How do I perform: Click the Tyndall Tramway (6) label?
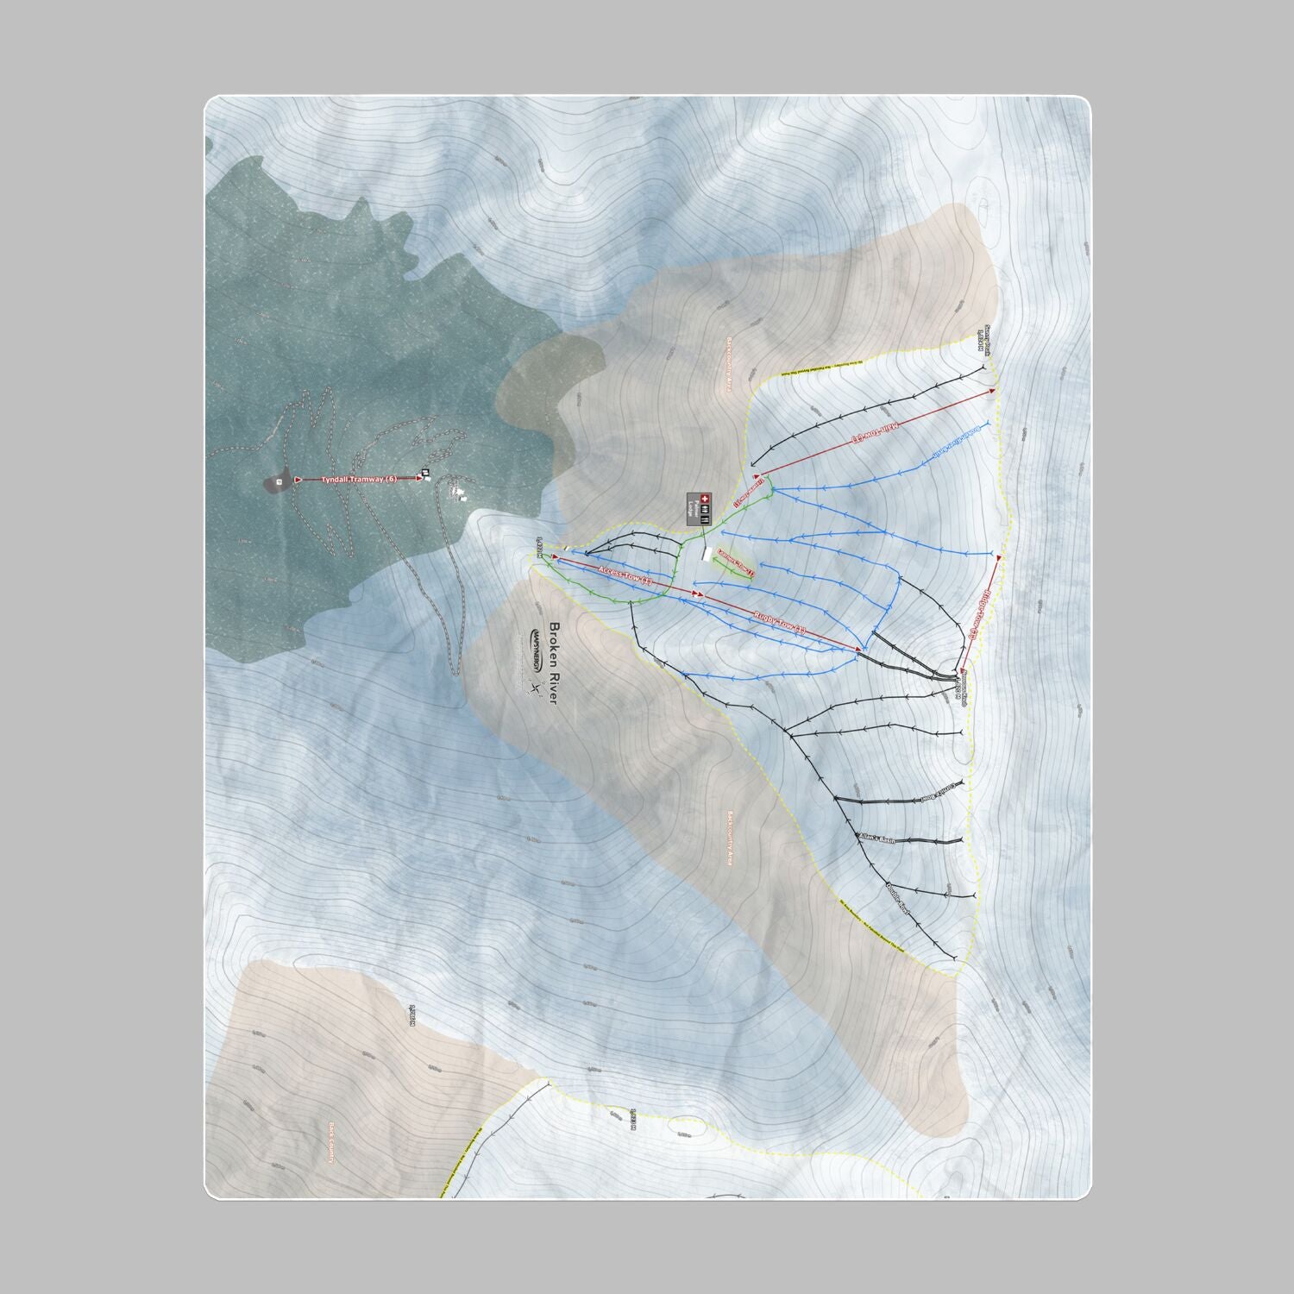coord(359,479)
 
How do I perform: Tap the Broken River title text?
coord(553,663)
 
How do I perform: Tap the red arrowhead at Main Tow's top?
coord(991,391)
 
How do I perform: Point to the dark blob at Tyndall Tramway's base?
coord(278,483)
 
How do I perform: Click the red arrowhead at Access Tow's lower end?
coord(556,557)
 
